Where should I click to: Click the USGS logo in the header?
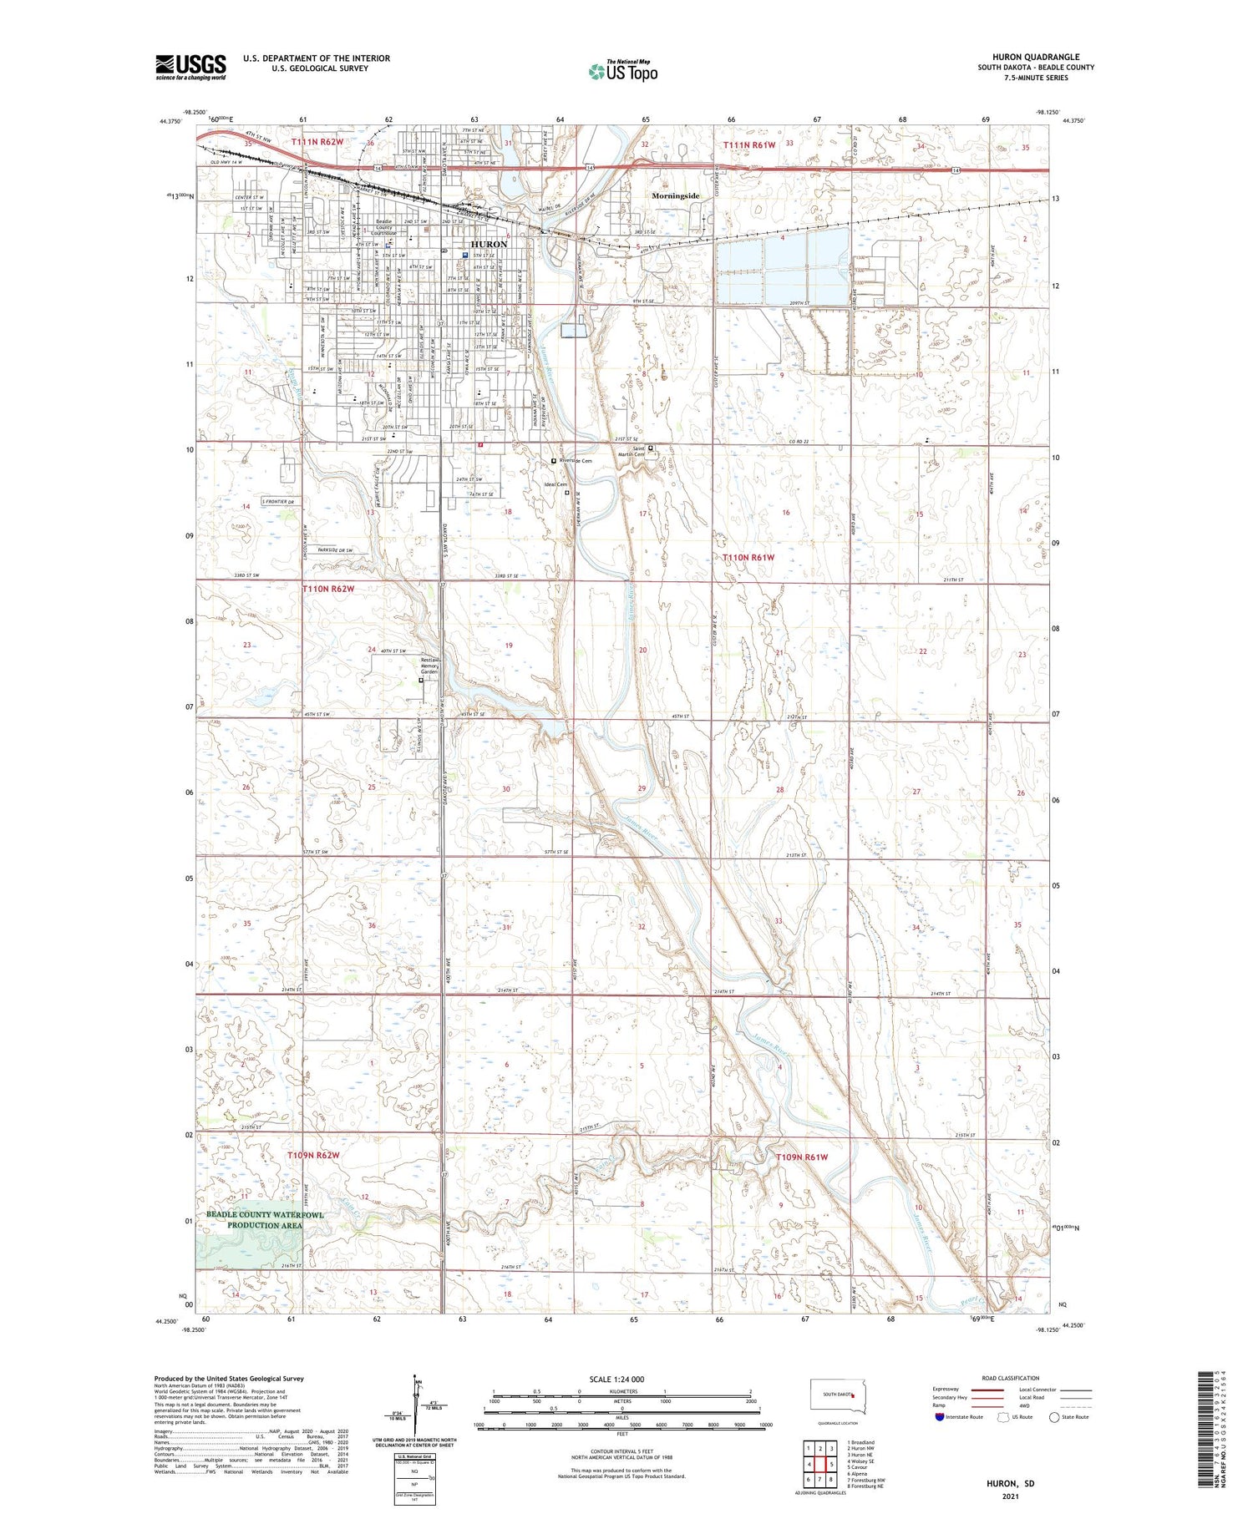point(190,67)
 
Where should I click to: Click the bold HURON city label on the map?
point(484,244)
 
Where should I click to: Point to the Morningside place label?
point(675,195)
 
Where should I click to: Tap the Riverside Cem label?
point(576,461)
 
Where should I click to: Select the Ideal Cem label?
point(555,484)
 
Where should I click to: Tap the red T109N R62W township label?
point(313,1155)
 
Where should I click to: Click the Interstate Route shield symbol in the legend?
point(939,1417)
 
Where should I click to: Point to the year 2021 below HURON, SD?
point(1011,1496)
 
